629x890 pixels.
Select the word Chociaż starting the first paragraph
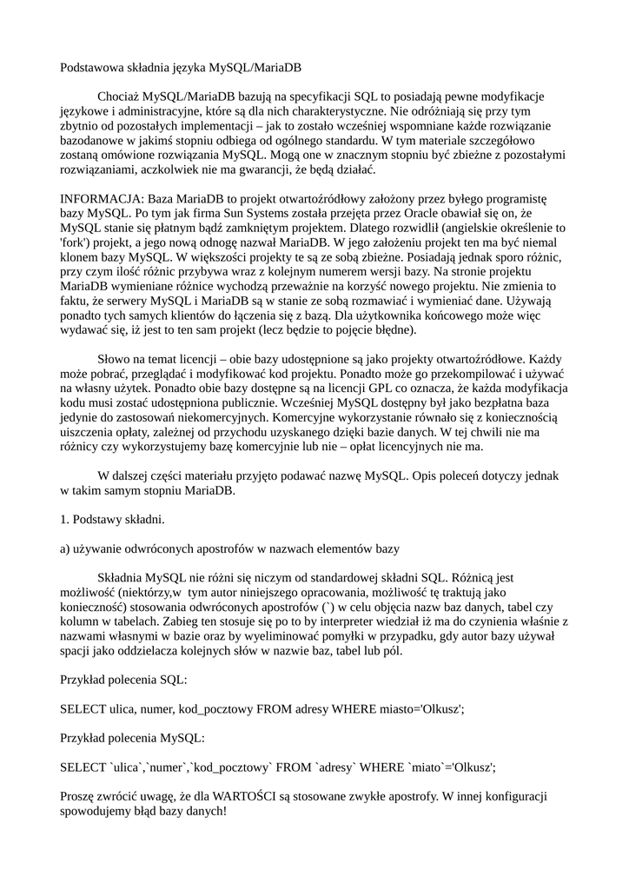click(x=118, y=96)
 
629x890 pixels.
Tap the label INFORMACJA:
click(x=97, y=198)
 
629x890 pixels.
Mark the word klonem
click(x=79, y=257)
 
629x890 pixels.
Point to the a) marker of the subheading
click(x=66, y=549)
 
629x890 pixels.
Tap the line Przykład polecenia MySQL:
click(x=131, y=738)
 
